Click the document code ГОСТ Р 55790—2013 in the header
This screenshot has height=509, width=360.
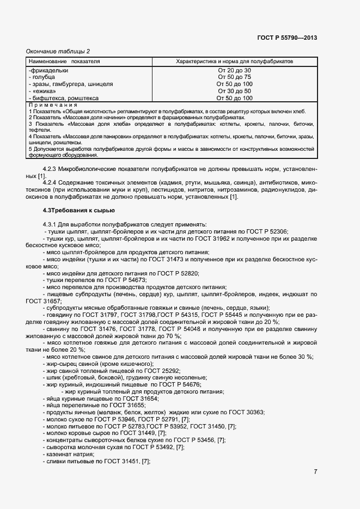287,38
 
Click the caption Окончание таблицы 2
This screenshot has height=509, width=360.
58,51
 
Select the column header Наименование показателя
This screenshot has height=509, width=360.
64,62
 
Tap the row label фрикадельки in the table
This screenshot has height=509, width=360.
49,70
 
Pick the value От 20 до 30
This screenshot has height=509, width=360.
234,70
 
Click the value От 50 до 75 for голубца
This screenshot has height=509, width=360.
234,77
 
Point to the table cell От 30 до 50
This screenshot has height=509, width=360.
234,91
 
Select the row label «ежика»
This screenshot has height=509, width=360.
41,91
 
